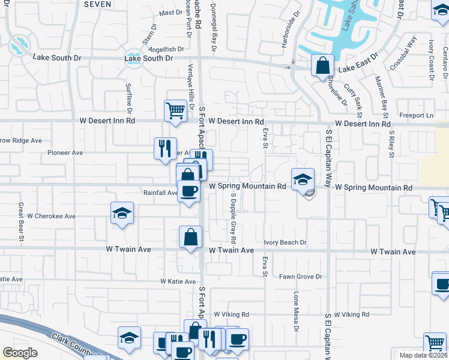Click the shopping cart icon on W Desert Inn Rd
pos(175,110)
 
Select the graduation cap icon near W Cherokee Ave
pos(122,213)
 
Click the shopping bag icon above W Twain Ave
pos(190,236)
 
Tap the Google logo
pos(20,352)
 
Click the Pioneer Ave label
pos(65,153)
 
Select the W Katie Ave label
pos(178,281)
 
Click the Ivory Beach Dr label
pos(286,243)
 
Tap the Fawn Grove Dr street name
pos(301,277)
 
